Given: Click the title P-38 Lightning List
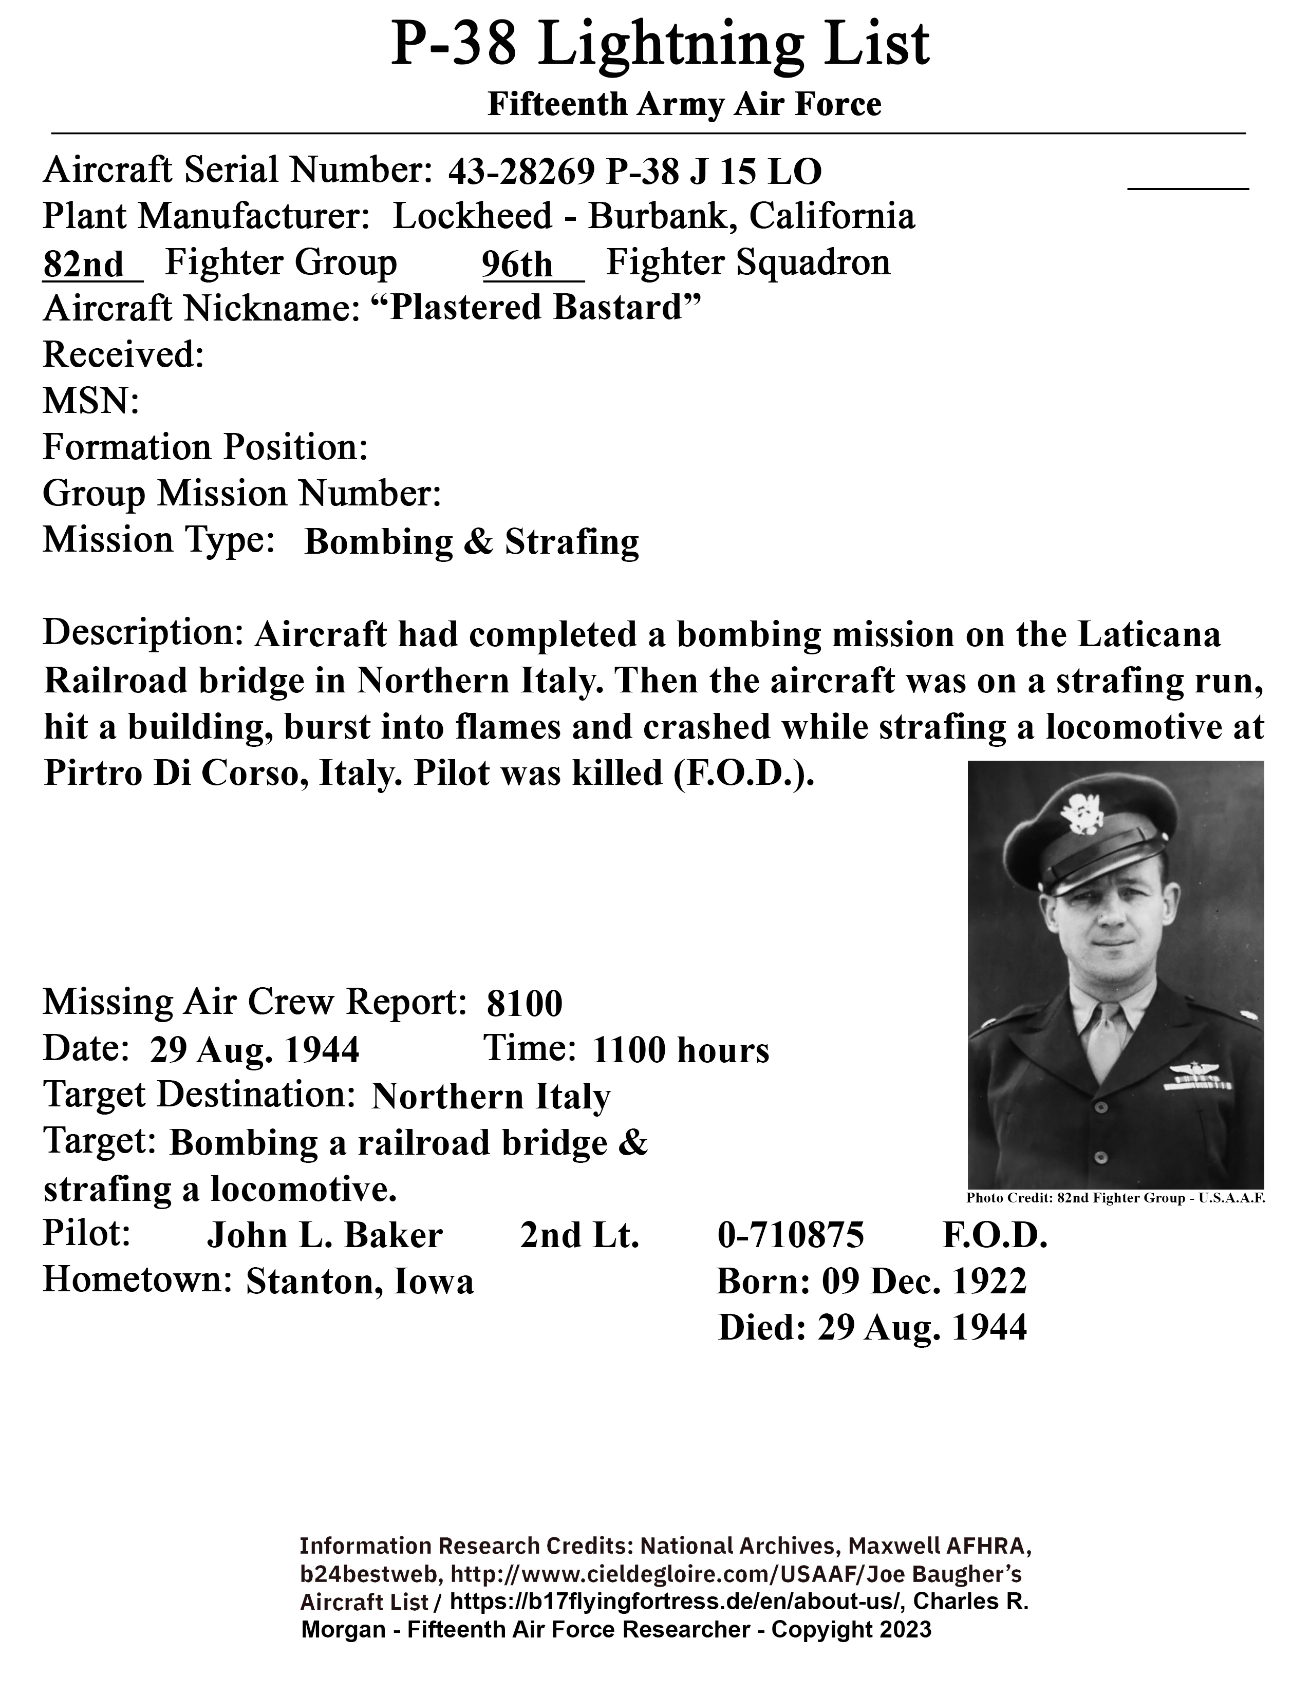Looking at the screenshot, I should click(660, 45).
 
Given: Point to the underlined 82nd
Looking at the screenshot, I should click(84, 265).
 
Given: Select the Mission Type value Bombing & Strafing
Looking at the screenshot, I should click(472, 542).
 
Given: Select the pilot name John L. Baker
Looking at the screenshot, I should click(324, 1235).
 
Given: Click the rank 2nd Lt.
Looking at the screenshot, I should click(579, 1235).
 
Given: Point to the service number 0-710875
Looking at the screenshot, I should click(790, 1235).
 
